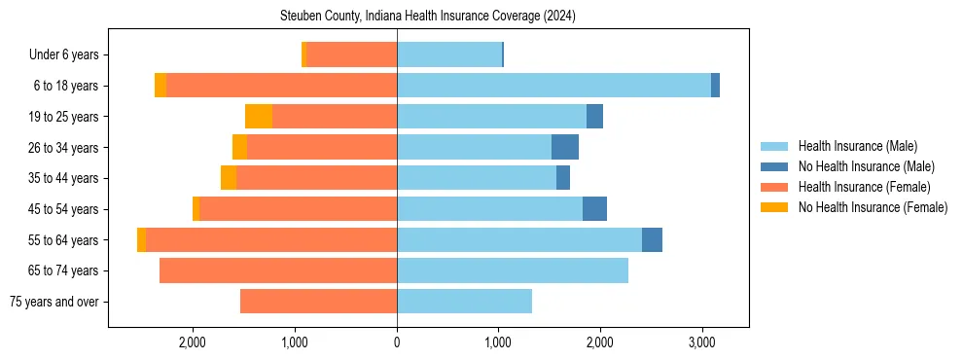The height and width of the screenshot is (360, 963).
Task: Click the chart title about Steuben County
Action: click(428, 17)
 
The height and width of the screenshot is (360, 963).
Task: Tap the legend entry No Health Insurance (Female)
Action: click(873, 207)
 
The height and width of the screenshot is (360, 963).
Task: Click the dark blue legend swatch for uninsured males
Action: click(774, 167)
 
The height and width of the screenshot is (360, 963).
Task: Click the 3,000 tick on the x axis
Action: click(702, 342)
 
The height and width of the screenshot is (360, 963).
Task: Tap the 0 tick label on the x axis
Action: click(397, 342)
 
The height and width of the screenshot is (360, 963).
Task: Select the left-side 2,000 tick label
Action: click(193, 342)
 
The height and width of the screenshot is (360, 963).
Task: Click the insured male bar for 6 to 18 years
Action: click(554, 86)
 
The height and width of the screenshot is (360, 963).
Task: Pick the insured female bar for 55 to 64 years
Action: click(271, 240)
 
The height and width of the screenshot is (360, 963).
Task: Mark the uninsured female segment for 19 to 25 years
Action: click(259, 117)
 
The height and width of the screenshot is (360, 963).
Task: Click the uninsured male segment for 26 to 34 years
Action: click(565, 148)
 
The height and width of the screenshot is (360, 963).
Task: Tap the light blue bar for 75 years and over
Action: click(464, 302)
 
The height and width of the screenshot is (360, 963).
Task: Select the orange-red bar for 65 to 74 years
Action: click(278, 270)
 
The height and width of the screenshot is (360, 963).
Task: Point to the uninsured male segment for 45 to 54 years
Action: click(594, 209)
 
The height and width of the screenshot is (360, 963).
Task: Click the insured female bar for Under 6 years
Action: click(351, 55)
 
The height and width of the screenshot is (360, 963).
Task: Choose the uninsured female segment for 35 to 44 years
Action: click(229, 178)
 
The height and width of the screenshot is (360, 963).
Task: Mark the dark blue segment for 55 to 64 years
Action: click(652, 240)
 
